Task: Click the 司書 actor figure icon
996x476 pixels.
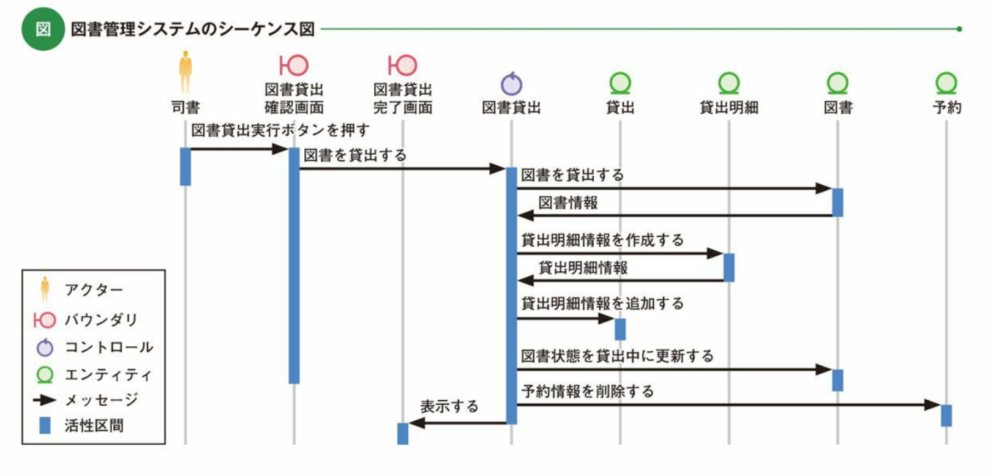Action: click(x=185, y=72)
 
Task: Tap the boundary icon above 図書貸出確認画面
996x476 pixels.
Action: click(x=294, y=65)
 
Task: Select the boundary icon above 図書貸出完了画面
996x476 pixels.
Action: click(x=402, y=65)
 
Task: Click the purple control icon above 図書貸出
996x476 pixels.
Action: click(x=511, y=84)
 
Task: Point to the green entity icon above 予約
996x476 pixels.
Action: click(x=946, y=83)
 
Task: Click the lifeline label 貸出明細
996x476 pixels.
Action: click(x=728, y=108)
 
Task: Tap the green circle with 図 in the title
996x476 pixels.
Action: click(x=43, y=29)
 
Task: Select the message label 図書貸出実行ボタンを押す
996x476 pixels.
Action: click(x=280, y=130)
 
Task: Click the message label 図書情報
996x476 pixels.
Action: click(x=567, y=203)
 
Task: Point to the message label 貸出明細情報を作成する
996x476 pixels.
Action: click(x=602, y=240)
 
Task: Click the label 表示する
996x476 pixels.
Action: click(x=449, y=406)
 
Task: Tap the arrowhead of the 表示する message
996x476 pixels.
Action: click(x=416, y=423)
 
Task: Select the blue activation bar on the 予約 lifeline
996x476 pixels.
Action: click(x=946, y=415)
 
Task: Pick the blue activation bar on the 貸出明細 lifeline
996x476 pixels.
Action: click(x=728, y=267)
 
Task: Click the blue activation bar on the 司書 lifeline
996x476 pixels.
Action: click(x=185, y=166)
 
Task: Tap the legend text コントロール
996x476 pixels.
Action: click(x=109, y=348)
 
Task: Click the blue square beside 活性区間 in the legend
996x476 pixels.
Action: click(x=45, y=426)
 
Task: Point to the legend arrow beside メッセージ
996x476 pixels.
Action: click(x=45, y=400)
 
